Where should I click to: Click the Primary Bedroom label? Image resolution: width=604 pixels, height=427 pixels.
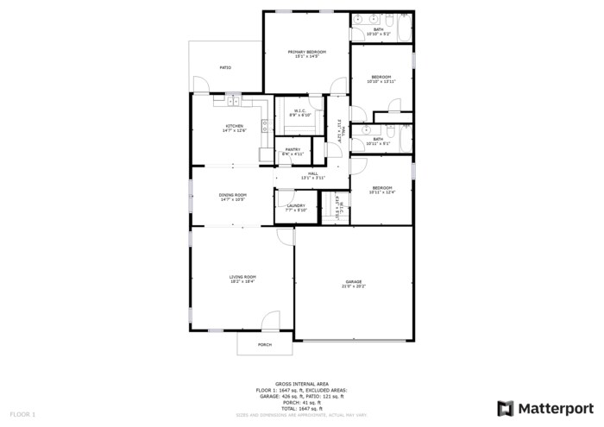(x=307, y=52)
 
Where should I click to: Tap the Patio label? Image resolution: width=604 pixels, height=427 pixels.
(x=225, y=67)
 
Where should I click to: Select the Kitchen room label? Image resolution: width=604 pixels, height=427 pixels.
(x=235, y=126)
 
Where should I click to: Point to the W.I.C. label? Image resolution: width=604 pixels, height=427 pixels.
(x=300, y=110)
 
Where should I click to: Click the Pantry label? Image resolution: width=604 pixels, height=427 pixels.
(x=292, y=149)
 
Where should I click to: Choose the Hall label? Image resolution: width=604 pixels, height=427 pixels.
(x=313, y=174)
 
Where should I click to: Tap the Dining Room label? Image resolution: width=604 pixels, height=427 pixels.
(x=233, y=195)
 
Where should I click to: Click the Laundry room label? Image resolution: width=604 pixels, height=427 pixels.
(x=296, y=205)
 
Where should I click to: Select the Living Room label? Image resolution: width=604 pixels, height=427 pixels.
(x=242, y=277)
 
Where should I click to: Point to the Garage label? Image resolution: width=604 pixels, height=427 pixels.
(x=354, y=281)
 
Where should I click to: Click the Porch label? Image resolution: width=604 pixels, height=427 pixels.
(x=265, y=344)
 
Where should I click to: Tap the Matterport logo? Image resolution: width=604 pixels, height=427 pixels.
(x=545, y=407)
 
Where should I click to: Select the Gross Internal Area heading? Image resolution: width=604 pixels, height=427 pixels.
(x=301, y=385)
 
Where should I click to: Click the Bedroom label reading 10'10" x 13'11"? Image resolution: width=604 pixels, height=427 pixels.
(x=381, y=77)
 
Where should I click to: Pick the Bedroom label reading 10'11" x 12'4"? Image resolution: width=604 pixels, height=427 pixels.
(x=381, y=188)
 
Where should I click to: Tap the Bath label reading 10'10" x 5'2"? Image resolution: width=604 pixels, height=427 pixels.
(x=379, y=30)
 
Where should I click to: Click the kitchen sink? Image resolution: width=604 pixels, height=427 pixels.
(x=232, y=102)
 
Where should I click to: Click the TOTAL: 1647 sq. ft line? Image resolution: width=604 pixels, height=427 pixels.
(x=301, y=408)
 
